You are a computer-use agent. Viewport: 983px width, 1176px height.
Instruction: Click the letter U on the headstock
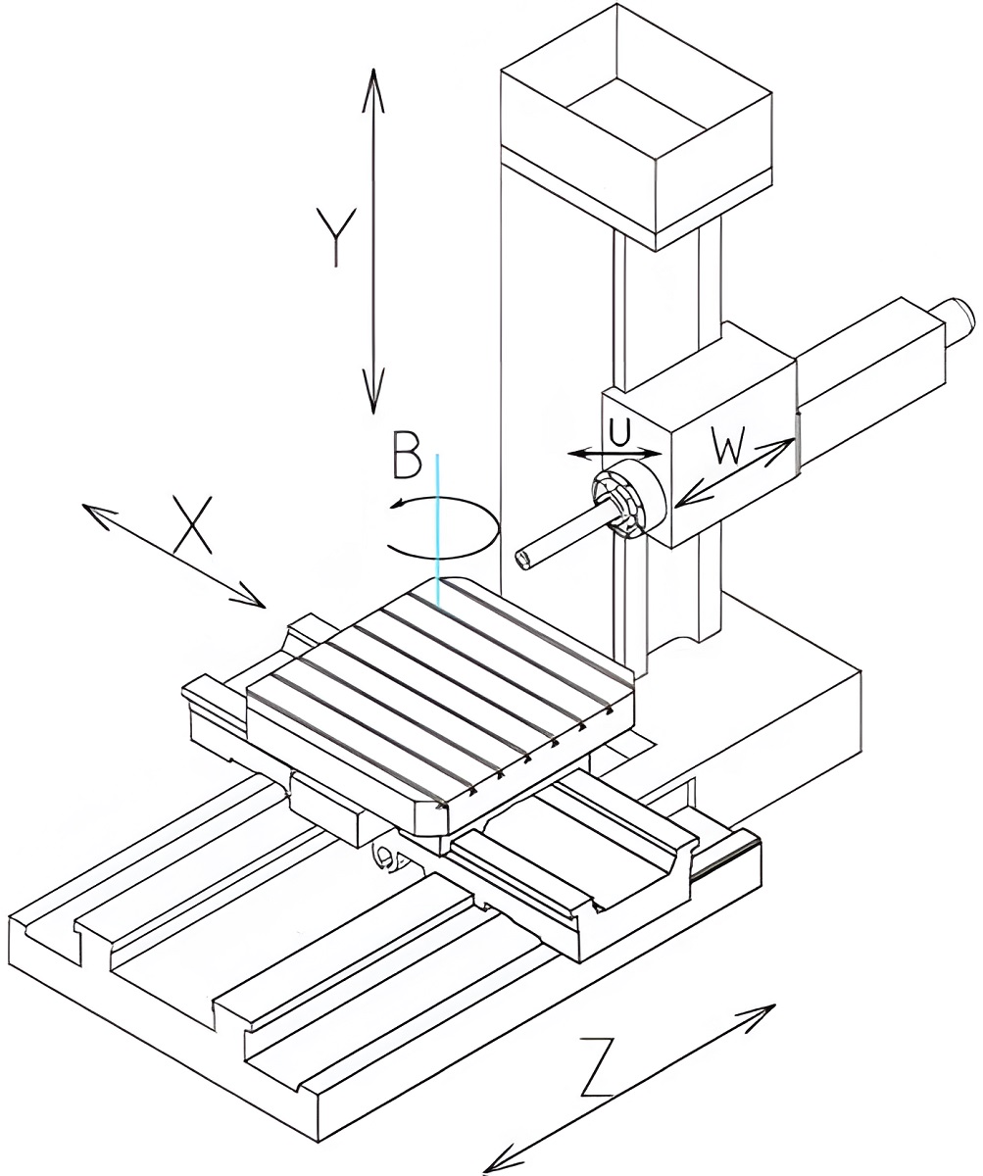[617, 431]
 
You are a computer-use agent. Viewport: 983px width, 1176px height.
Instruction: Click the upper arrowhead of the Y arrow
[372, 78]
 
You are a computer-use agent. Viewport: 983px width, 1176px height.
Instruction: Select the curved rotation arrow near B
[446, 529]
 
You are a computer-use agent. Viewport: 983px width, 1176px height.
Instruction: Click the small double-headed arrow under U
[615, 454]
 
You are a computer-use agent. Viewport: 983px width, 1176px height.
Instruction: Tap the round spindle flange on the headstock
[628, 501]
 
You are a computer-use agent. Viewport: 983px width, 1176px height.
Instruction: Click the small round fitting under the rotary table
[384, 858]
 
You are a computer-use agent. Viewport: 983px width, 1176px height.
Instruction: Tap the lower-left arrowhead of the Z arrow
[493, 1164]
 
